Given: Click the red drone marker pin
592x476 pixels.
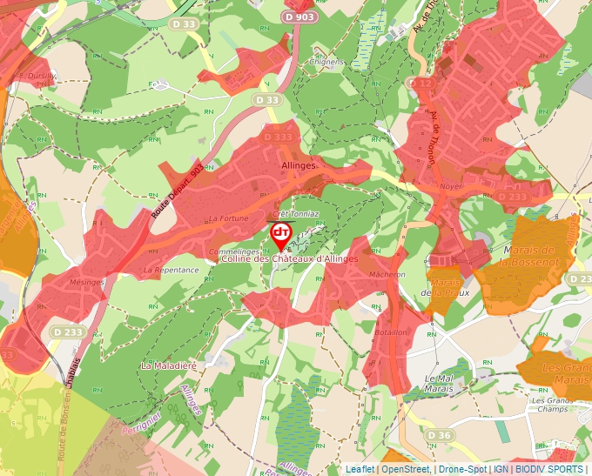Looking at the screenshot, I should [x=281, y=233].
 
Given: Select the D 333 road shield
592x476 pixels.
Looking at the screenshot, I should [x=277, y=137].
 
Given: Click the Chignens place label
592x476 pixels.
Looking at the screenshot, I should [x=327, y=63].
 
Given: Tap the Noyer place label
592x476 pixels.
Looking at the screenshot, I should [x=451, y=186].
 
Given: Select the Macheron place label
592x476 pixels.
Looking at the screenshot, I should [x=387, y=274].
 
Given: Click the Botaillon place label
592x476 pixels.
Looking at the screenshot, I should [x=391, y=332].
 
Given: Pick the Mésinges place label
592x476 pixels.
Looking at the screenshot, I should [x=87, y=282].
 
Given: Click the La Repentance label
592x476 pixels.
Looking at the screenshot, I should [x=172, y=270].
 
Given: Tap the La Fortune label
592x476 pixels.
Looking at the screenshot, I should [x=228, y=218].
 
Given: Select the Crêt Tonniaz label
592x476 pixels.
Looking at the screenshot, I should [x=296, y=213].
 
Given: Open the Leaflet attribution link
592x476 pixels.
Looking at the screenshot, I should [x=360, y=469].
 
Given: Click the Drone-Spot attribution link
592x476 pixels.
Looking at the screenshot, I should [x=462, y=469].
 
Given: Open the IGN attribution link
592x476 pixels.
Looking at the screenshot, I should [x=501, y=469].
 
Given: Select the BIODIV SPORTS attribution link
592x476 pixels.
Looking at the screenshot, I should [x=548, y=469].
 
